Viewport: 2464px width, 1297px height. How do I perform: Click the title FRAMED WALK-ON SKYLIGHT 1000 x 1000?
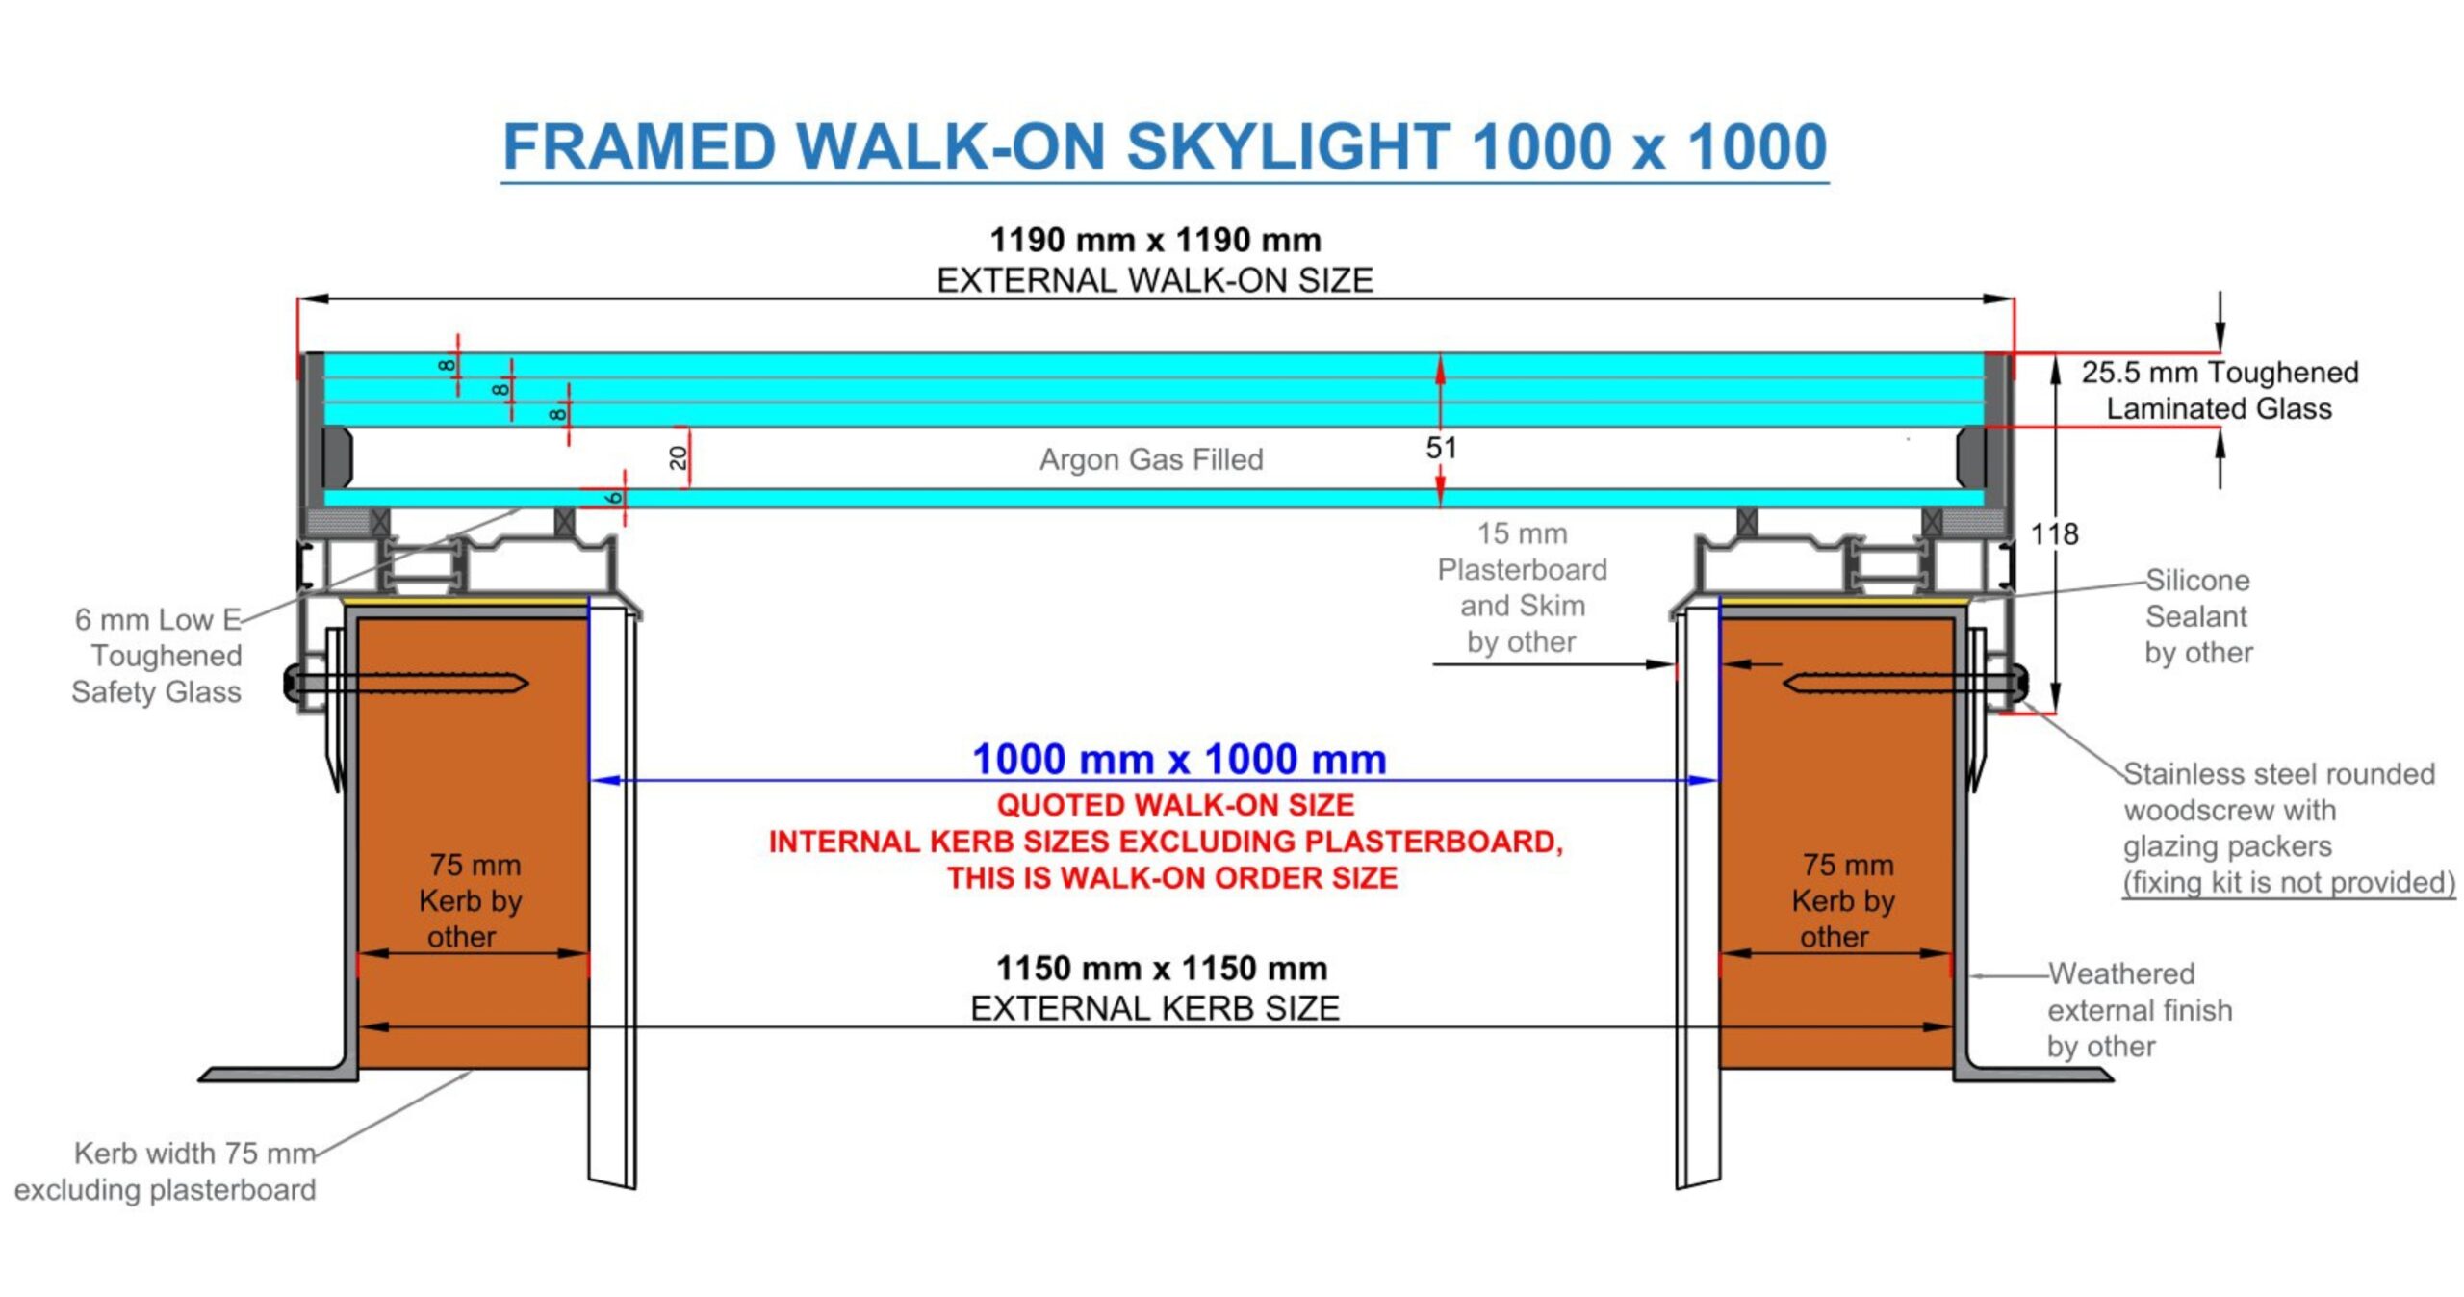tap(1165, 146)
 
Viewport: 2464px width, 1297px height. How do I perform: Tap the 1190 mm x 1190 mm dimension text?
tap(1155, 240)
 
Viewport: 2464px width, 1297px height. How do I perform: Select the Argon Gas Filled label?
tap(1151, 459)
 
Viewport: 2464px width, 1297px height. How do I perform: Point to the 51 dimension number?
tap(1441, 448)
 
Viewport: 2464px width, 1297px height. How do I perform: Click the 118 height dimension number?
tap(2054, 533)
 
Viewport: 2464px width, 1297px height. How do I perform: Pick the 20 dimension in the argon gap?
tap(679, 457)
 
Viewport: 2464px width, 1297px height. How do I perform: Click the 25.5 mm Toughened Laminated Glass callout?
tap(2220, 390)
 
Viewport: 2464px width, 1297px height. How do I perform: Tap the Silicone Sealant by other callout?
tap(2198, 616)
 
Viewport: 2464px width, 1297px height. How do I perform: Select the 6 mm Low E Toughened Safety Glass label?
tap(158, 655)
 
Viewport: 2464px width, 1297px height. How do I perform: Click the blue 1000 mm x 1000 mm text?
tap(1179, 759)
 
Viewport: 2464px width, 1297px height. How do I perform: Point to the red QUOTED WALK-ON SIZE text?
tap(1175, 805)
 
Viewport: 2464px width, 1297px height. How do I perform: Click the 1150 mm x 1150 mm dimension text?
tap(1161, 968)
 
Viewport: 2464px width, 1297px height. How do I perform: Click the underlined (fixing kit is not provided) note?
tap(2289, 883)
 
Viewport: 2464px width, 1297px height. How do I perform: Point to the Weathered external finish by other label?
tap(2139, 1009)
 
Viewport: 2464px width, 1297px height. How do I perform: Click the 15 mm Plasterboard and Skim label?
tap(1522, 587)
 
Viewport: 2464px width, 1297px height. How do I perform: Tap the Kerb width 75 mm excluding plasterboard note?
tap(166, 1171)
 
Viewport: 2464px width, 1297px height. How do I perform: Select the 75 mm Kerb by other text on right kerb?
tap(1842, 900)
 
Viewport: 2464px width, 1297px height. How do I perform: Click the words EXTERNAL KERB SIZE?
tap(1155, 1008)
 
